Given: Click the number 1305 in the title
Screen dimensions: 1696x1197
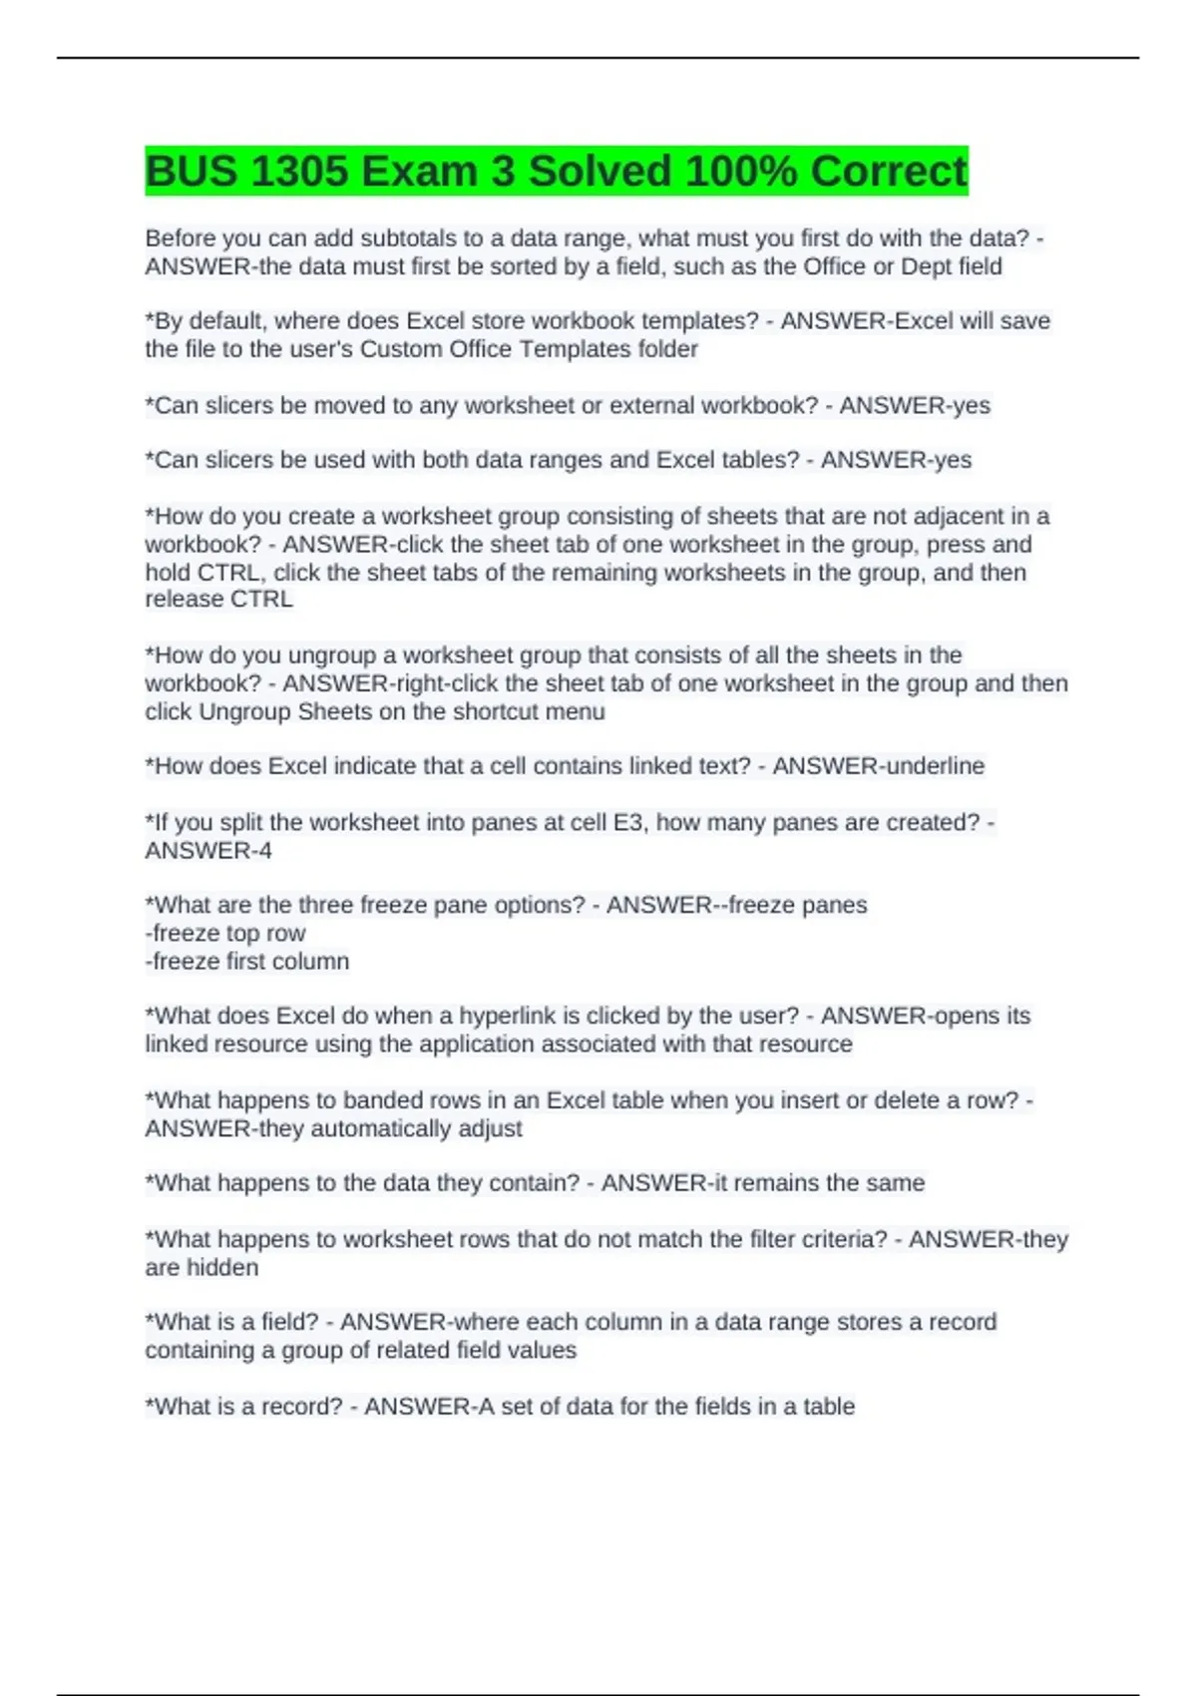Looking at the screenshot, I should pos(298,172).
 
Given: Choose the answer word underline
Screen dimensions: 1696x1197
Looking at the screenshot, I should pos(931,766).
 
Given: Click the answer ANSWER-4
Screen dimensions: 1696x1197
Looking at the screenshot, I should pos(208,851).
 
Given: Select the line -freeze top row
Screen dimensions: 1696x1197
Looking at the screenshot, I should pos(225,934).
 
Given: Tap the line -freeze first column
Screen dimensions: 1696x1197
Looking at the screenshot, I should pos(247,962).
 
